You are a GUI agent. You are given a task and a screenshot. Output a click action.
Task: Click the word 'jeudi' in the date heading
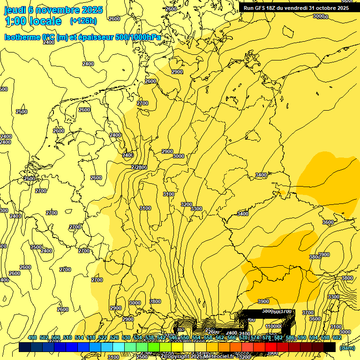coord(14,9)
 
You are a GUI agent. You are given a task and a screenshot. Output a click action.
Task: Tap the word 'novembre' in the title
coord(54,9)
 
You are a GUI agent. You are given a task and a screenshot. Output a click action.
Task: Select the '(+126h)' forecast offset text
coord(83,21)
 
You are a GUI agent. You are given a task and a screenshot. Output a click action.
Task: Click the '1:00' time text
coord(15,21)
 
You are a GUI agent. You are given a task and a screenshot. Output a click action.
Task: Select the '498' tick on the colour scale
coord(32,337)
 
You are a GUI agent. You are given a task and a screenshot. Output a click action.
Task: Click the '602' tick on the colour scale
coord(337,337)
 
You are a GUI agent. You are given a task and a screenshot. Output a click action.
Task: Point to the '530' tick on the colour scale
coord(126,337)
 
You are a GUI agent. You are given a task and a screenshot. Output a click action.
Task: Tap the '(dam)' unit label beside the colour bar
coord(346,347)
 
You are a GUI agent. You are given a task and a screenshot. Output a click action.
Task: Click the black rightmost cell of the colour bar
coord(330,347)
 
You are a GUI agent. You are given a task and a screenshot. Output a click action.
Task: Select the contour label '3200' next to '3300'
coord(187,204)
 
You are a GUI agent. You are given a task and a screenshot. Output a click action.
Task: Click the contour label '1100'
coord(272,326)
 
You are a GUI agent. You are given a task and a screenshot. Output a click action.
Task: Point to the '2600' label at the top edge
coord(171,8)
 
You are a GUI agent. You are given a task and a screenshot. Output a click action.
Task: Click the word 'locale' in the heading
coord(45,21)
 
